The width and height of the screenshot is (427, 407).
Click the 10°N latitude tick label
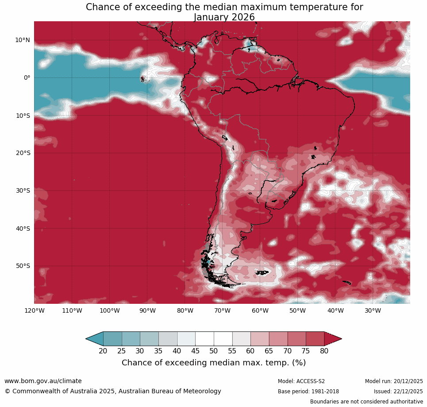point(23,40)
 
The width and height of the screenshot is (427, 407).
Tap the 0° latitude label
point(27,78)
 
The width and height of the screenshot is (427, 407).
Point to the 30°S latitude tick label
point(23,190)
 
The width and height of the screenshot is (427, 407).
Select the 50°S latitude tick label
point(23,266)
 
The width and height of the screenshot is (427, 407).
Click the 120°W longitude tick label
point(35,310)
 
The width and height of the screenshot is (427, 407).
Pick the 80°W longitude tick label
point(185,310)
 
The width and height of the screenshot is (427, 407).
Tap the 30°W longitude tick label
point(373,310)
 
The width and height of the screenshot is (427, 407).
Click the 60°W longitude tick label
point(260,310)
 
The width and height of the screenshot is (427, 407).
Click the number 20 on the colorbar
point(103,351)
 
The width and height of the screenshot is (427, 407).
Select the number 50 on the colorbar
point(214,351)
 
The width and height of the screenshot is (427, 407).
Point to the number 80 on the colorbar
point(324,351)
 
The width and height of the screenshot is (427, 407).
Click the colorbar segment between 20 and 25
point(112,339)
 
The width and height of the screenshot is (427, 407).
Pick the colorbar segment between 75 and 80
point(315,339)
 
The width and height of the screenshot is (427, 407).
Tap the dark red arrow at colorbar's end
point(332,339)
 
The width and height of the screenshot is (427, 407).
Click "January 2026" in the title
point(224,17)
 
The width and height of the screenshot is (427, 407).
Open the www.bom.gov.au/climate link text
point(43,381)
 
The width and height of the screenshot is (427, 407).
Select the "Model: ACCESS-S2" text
point(301,381)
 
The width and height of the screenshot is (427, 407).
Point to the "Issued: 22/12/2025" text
point(398,391)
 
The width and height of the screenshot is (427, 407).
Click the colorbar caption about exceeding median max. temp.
point(214,363)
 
